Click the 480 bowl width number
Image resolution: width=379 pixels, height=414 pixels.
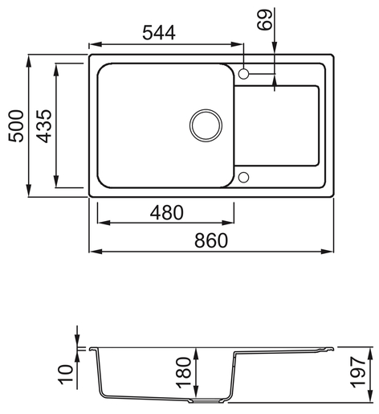pos(166,213)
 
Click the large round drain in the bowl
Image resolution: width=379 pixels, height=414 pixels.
pos(206,124)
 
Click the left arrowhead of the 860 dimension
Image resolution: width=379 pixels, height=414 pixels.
pos(92,252)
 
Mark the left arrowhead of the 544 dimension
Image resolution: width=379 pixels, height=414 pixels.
pos(92,45)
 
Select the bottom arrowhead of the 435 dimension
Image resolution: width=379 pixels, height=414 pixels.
pos(58,182)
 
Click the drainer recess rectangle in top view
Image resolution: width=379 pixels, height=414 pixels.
pos(277,124)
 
